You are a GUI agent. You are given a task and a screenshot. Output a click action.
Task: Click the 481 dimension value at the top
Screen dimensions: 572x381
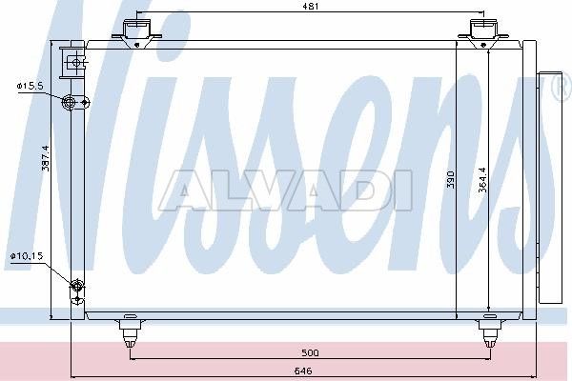pos(311,6)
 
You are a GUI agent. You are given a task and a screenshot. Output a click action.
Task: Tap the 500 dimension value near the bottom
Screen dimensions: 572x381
pos(310,353)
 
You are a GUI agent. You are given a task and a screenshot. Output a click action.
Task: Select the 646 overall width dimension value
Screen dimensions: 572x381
pos(303,371)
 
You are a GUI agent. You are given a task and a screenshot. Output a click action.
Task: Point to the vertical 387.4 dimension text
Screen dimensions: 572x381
pos(45,158)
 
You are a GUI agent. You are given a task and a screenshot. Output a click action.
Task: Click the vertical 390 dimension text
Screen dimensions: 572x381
pos(451,179)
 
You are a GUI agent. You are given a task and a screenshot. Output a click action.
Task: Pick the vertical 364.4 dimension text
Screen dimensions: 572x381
pos(482,179)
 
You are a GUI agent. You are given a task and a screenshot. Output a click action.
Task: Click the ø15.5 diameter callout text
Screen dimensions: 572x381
pos(30,86)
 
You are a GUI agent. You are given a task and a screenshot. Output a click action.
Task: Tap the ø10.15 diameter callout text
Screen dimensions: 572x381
pos(27,256)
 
